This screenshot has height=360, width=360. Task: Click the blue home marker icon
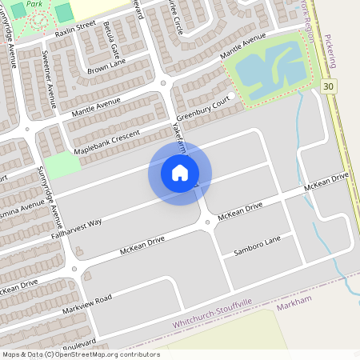coord(180,173)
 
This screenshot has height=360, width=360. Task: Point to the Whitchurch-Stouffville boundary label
coord(214,320)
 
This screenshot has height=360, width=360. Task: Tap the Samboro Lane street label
coord(257,246)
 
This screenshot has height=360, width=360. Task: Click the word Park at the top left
coord(35,4)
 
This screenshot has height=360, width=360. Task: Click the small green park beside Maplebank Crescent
coord(62,166)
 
